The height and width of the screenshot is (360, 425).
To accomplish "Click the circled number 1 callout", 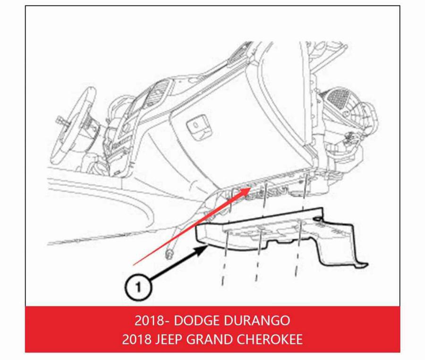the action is [138, 287].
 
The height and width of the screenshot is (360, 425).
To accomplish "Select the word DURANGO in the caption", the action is [256, 320].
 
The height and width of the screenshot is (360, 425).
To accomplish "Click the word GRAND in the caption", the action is [209, 339].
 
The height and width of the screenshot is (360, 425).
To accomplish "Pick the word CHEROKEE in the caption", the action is [270, 339].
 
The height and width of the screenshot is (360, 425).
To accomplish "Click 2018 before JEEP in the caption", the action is [136, 339].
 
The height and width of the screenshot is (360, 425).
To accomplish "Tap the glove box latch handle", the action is [197, 125].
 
